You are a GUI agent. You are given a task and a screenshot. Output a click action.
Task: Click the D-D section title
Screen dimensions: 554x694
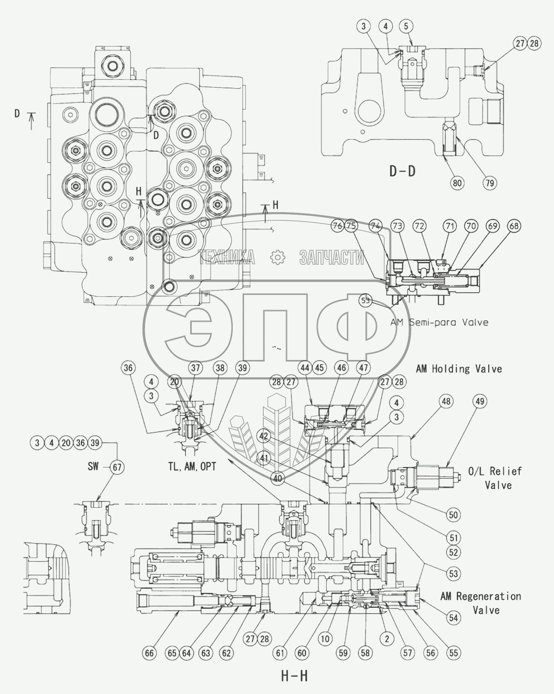pyautogui.click(x=402, y=171)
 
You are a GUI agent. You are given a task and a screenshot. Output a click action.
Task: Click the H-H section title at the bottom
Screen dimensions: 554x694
pyautogui.click(x=294, y=676)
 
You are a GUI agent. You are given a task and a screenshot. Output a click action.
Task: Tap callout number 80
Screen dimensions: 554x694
pyautogui.click(x=457, y=183)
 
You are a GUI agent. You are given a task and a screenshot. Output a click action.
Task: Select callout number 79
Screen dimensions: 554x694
pyautogui.click(x=490, y=183)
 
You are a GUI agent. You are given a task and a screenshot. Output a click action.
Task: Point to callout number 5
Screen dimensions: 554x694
pyautogui.click(x=406, y=26)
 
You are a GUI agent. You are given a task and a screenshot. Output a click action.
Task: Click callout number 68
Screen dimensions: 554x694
pyautogui.click(x=514, y=226)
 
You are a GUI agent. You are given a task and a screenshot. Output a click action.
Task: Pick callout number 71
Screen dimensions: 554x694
pyautogui.click(x=450, y=226)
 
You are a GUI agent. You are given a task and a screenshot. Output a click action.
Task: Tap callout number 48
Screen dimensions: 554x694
pyautogui.click(x=446, y=401)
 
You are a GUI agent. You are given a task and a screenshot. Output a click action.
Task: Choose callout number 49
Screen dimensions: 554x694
pyautogui.click(x=480, y=401)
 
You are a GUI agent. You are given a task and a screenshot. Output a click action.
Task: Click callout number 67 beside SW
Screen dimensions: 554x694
pyautogui.click(x=117, y=467)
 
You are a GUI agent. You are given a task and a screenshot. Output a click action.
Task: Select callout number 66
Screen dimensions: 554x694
pyautogui.click(x=150, y=653)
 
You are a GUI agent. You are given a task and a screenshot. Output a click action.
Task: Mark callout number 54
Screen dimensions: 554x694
pyautogui.click(x=453, y=617)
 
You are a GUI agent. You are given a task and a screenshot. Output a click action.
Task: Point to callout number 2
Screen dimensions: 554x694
pyautogui.click(x=387, y=638)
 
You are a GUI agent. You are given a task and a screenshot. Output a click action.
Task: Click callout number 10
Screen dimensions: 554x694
pyautogui.click(x=325, y=638)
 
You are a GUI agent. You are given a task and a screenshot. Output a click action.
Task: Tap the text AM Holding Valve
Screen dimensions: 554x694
pyautogui.click(x=459, y=369)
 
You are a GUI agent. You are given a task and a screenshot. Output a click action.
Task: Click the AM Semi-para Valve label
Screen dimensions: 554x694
pyautogui.click(x=439, y=322)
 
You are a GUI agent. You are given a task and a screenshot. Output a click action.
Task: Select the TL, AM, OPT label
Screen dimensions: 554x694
pyautogui.click(x=192, y=467)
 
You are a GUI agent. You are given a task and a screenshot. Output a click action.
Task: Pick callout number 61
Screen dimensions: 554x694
pyautogui.click(x=280, y=653)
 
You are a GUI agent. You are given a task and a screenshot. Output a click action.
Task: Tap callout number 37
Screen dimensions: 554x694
pyautogui.click(x=195, y=368)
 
